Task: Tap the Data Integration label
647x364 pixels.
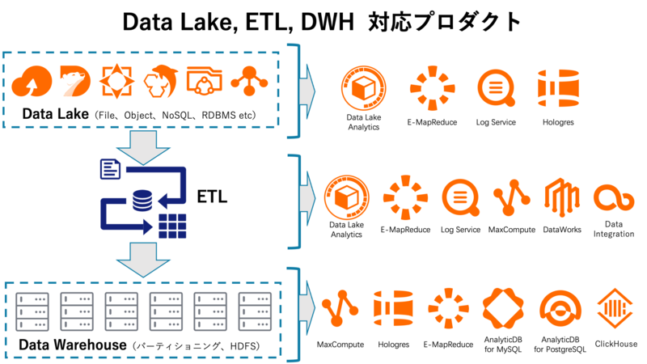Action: [x=614, y=229]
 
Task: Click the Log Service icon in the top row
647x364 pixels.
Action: [x=496, y=89]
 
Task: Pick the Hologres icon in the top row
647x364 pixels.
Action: [x=557, y=89]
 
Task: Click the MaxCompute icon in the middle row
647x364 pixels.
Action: [x=511, y=198]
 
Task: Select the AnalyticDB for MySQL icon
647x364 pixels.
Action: [x=504, y=309]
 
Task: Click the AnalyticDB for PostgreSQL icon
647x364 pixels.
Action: [x=560, y=309]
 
